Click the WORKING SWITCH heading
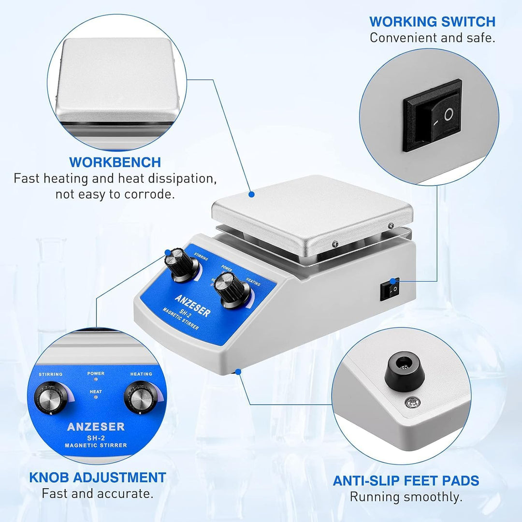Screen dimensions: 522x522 pos(432,22)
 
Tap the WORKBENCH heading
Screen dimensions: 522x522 pos(115,162)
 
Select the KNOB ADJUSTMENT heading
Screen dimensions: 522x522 pos(98,478)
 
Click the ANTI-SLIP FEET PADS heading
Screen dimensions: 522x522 pos(406,481)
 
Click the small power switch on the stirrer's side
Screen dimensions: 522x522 pos(390,290)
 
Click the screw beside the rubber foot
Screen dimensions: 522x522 pos(413,403)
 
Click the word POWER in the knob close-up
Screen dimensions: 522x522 pos(96,374)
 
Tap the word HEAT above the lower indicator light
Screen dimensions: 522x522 pos(96,391)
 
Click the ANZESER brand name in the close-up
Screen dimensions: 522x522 pos(96,426)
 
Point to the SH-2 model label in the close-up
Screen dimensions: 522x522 pos(96,438)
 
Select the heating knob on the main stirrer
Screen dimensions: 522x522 pos(232,290)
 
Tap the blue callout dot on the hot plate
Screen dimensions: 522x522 pos(252,194)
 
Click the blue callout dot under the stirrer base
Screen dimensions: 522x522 pos(238,372)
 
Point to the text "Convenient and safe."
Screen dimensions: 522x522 pos(433,38)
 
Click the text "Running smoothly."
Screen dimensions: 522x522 pos(406,497)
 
